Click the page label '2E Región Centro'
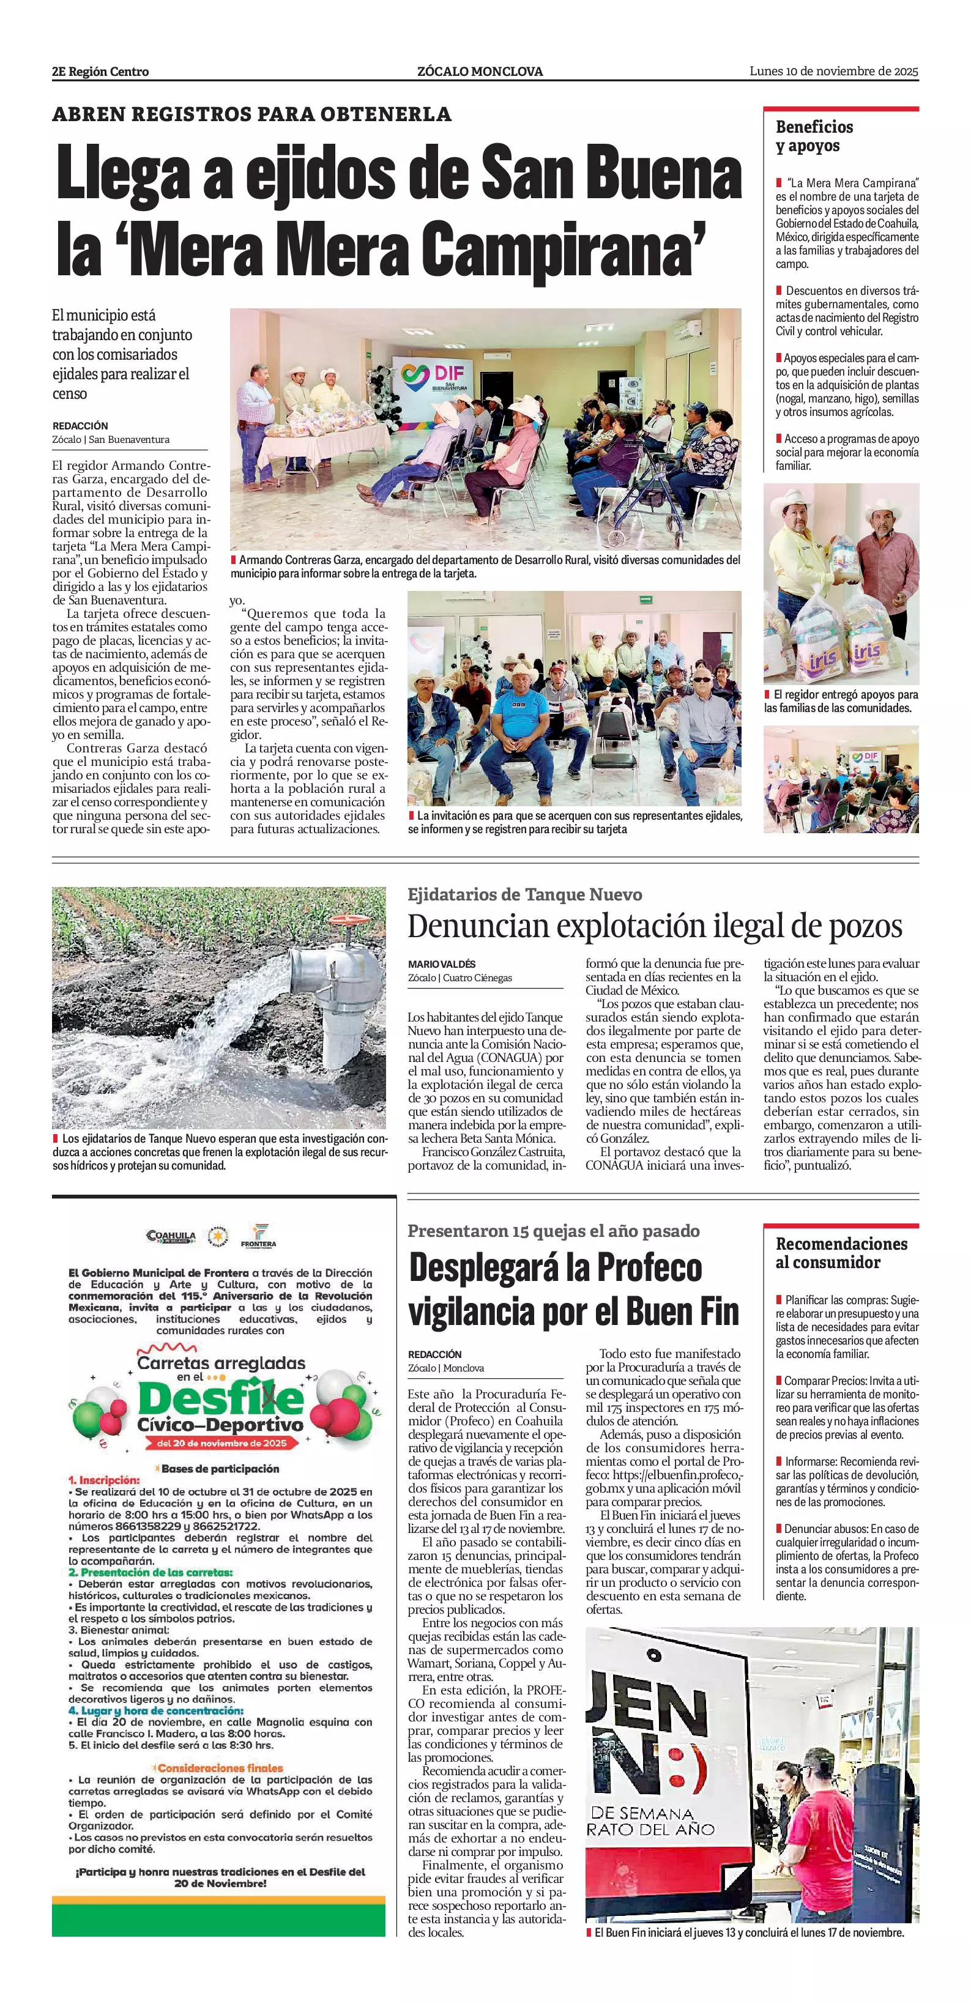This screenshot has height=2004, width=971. tap(100, 72)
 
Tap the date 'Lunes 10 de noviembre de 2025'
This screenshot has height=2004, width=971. tap(833, 71)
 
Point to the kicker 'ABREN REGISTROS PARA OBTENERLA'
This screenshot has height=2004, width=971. tap(251, 114)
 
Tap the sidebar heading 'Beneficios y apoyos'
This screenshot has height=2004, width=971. tap(814, 136)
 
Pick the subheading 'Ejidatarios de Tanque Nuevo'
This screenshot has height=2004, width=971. tap(524, 894)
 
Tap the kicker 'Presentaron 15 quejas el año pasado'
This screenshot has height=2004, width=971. tap(553, 1231)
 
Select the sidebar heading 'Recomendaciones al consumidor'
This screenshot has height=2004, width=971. tap(841, 1253)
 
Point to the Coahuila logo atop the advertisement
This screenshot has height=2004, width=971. tap(170, 1236)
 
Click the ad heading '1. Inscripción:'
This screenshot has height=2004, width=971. tap(103, 1480)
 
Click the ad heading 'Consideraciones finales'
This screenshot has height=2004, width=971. tap(220, 1767)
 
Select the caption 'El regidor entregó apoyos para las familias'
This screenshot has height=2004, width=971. tap(840, 701)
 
